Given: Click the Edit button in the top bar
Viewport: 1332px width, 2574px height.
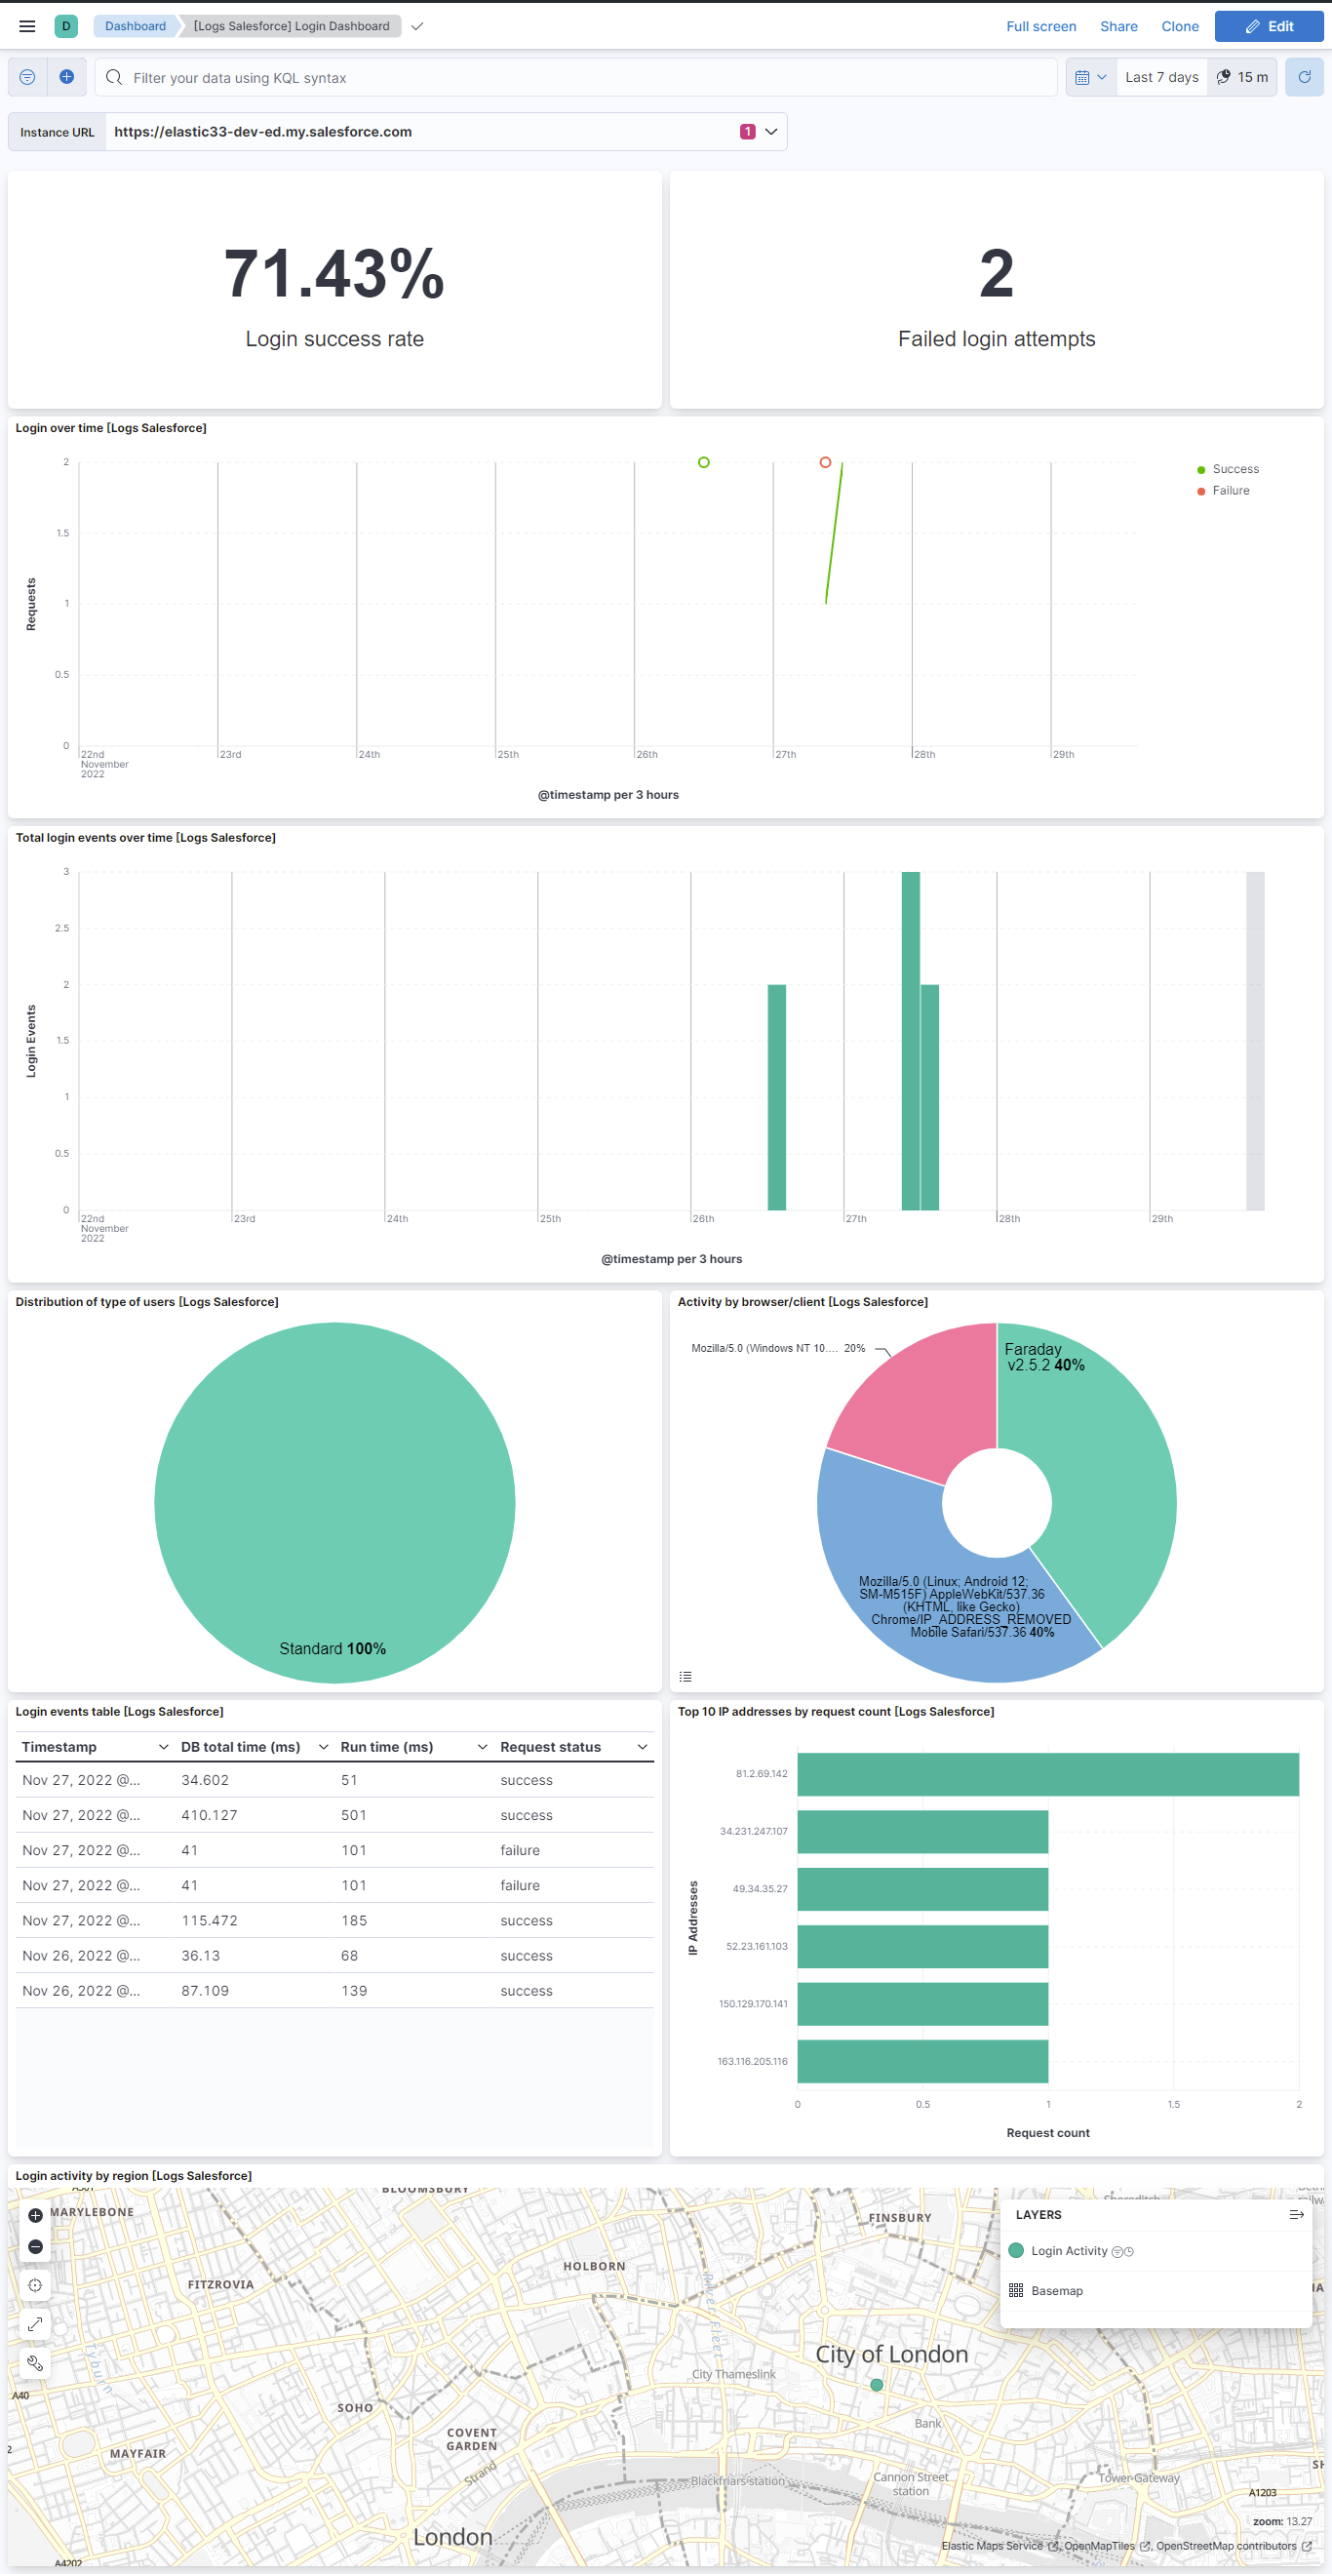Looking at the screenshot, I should coord(1268,27).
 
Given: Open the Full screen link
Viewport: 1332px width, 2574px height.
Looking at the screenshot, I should coord(1040,27).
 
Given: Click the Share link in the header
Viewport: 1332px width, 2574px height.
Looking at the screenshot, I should coord(1118,27).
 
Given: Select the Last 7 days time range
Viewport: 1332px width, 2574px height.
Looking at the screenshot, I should coord(1161,78).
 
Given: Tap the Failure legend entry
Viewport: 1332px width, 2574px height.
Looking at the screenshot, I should coord(1230,491).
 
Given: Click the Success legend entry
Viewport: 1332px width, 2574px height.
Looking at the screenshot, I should coord(1235,469).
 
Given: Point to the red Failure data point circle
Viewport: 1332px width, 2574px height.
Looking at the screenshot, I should coord(825,462).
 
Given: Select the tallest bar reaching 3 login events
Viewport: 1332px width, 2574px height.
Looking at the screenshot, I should coord(911,1040).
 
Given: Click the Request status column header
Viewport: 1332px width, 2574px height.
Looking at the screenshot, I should coord(551,1747).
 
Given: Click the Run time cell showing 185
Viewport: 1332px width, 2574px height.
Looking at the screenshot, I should coord(354,1921).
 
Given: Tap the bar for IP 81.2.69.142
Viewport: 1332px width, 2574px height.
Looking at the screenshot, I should coord(1047,1773).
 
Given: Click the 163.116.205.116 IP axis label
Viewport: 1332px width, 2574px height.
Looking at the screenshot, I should coord(753,2061).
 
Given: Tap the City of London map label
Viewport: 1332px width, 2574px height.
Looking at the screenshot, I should coord(891,2356).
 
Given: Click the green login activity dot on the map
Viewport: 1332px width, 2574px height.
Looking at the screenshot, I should coord(877,2385).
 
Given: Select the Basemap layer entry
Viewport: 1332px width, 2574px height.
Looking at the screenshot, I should coord(1056,2290).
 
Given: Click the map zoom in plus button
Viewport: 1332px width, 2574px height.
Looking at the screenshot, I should coord(36,2215).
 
